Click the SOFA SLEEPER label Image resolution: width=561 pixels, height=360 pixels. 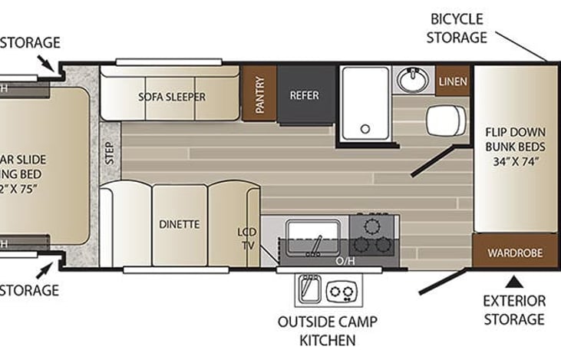coord(172,97)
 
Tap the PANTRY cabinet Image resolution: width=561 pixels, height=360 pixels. coord(259,94)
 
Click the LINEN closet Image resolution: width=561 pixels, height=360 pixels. coord(448,81)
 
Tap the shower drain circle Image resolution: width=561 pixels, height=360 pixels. coord(366,128)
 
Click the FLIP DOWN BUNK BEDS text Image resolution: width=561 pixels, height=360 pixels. coord(514,144)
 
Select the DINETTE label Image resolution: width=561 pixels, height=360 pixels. coord(180,225)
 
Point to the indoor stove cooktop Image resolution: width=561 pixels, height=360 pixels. coord(373,236)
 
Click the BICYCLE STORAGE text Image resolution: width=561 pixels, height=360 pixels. coord(457,27)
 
